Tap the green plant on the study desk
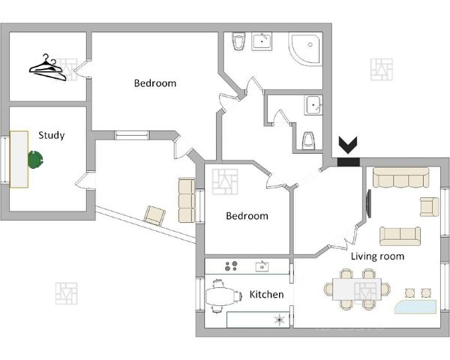click(36, 159)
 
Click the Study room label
click(51, 136)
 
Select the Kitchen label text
click(266, 295)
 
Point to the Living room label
click(377, 256)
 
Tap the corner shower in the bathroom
click(307, 48)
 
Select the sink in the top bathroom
click(263, 40)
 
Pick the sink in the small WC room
click(313, 106)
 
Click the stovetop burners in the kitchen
click(232, 266)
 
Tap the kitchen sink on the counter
click(262, 265)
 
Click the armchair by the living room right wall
click(429, 206)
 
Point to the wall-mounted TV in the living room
click(369, 202)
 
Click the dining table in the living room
click(358, 289)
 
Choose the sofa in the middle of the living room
click(400, 235)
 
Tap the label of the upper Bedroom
click(155, 83)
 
